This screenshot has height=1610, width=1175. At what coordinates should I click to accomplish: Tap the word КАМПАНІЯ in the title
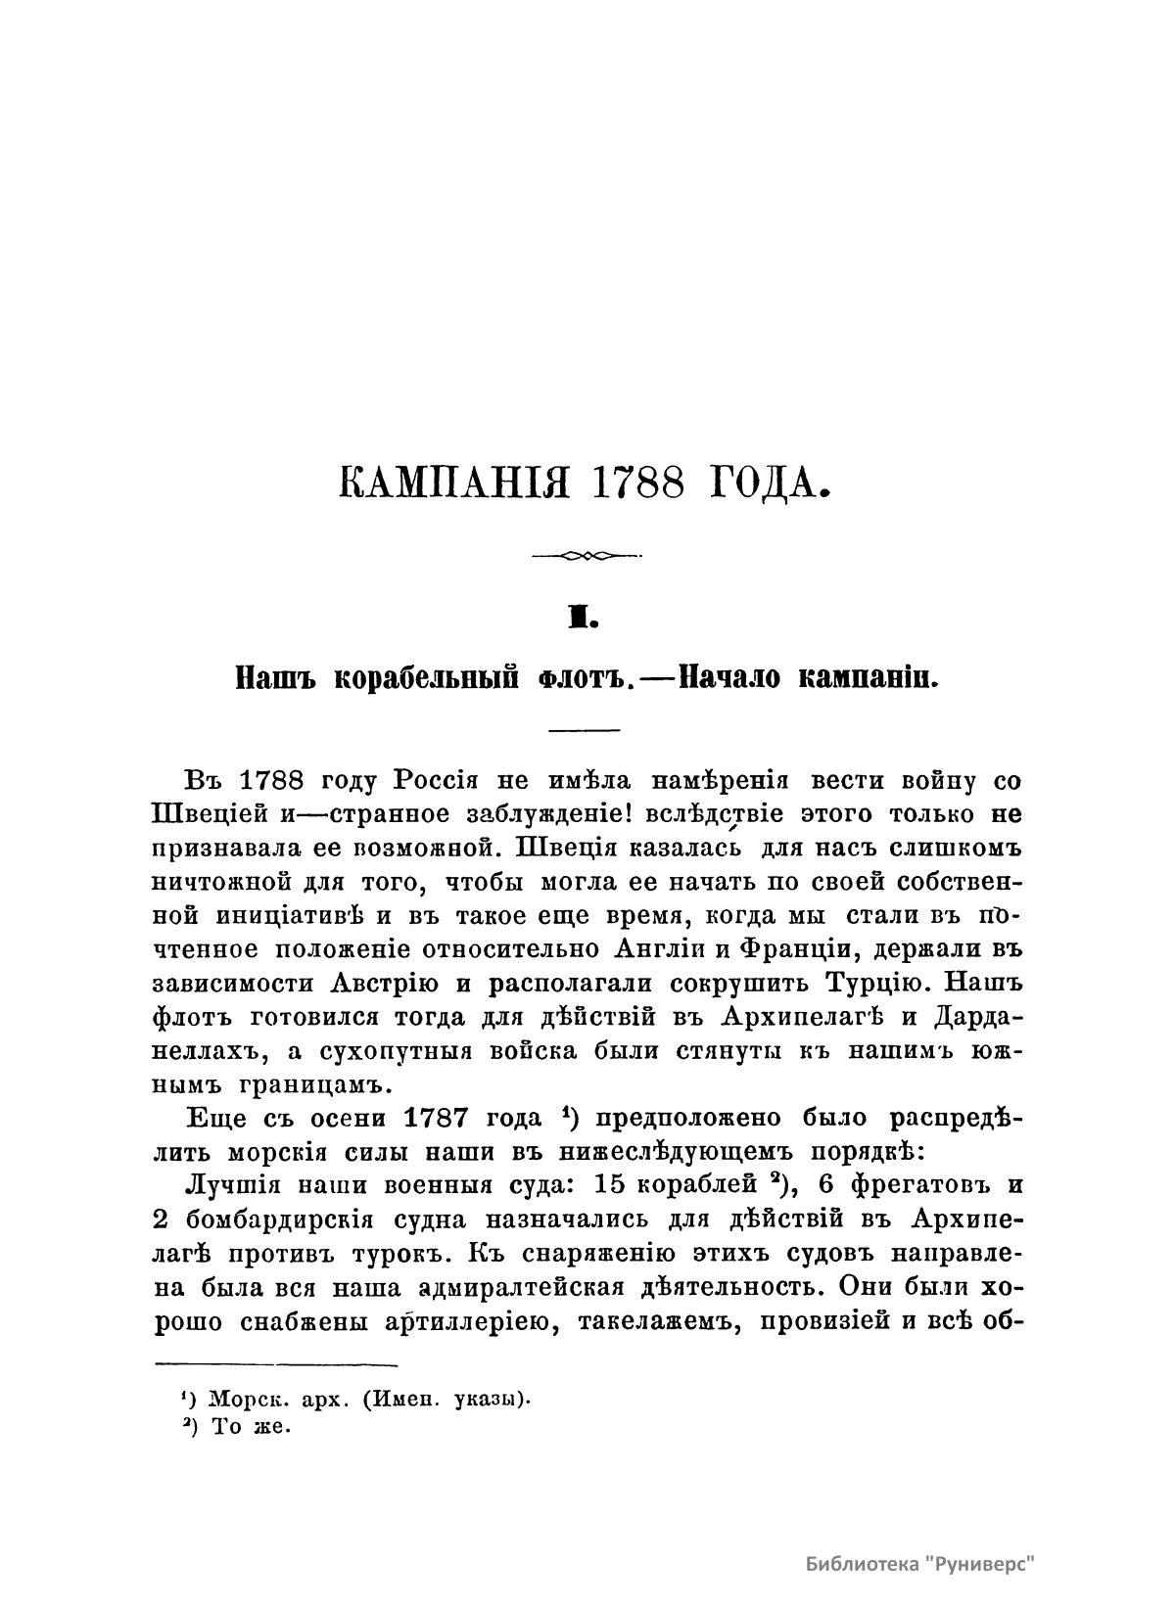click(x=454, y=483)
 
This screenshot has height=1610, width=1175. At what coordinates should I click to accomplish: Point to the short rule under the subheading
click(x=585, y=731)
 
